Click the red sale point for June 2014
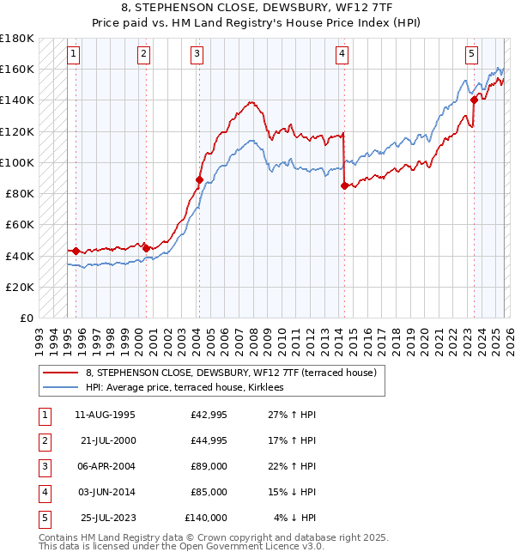(344, 185)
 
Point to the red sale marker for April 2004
(199, 179)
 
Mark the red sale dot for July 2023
(474, 100)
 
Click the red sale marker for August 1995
(76, 251)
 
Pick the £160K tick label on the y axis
(18, 69)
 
